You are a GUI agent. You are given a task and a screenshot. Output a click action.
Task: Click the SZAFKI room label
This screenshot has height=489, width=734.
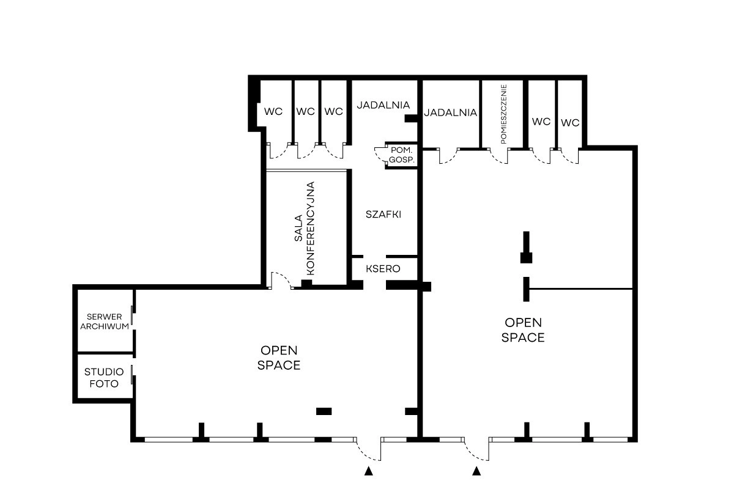[x=384, y=215]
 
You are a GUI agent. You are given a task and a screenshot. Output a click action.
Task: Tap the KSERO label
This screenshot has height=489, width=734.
[x=383, y=269]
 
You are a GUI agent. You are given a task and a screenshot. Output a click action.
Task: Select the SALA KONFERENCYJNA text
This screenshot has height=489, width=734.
[x=305, y=228]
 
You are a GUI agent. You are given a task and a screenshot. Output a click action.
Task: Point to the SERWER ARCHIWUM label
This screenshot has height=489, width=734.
[x=105, y=322]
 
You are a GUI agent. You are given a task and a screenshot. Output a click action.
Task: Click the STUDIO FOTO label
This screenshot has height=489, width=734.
[x=104, y=378]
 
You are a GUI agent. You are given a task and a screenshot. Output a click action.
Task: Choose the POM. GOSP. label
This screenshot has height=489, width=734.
[x=401, y=155]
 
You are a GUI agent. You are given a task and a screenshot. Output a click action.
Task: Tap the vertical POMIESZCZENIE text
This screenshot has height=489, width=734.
[x=503, y=114]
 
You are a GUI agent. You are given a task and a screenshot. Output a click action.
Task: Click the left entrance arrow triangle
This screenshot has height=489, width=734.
[x=369, y=471]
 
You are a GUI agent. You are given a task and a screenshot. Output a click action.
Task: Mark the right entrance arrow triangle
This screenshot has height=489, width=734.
[x=476, y=471]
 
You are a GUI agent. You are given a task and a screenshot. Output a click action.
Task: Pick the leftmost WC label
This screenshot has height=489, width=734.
[x=273, y=112]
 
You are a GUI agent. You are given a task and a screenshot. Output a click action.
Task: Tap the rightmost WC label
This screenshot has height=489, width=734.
[x=570, y=123]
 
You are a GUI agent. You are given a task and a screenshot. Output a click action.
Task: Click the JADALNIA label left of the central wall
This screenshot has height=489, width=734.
[x=384, y=105]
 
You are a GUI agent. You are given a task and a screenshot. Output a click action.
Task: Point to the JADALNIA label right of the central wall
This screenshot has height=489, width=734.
[x=451, y=112]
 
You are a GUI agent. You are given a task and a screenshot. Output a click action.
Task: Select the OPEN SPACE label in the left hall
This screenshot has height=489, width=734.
[x=279, y=358]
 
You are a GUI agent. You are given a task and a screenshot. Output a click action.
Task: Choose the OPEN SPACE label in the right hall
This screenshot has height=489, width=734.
[x=523, y=330]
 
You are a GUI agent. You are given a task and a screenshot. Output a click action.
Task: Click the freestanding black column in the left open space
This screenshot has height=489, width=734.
[x=324, y=411]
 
